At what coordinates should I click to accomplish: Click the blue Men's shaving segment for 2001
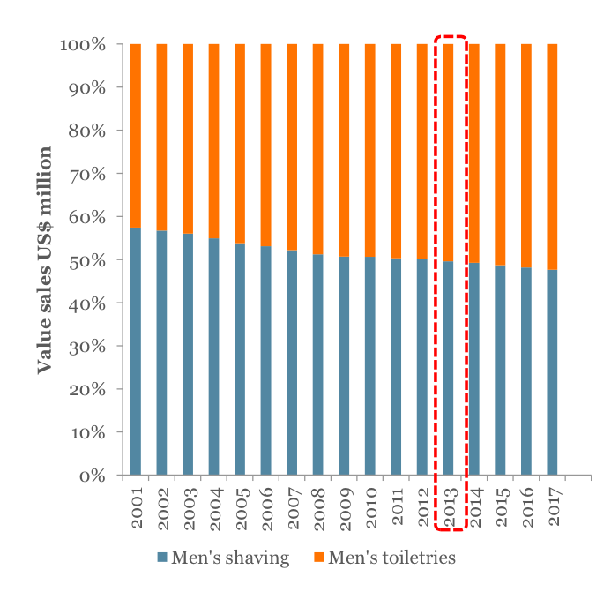click(136, 351)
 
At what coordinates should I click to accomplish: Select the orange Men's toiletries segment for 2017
click(552, 157)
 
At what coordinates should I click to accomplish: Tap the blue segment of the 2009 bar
click(344, 365)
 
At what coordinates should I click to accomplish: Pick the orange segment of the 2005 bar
click(240, 144)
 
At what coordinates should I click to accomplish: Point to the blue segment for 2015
click(500, 370)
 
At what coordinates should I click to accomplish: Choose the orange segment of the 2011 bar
click(396, 151)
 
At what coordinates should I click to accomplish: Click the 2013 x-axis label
click(450, 507)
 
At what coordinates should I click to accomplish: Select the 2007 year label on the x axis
click(294, 508)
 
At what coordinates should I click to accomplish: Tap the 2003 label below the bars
click(190, 508)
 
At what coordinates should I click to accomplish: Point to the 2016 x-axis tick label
click(527, 507)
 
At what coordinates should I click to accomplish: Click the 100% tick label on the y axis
click(83, 45)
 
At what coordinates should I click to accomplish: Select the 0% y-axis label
click(92, 476)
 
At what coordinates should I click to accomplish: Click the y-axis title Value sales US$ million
click(44, 260)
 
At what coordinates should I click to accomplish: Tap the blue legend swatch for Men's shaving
click(162, 557)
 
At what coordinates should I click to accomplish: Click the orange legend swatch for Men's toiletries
click(319, 557)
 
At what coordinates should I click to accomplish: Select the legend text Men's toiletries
click(391, 558)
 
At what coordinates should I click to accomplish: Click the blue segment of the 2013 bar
click(448, 368)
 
